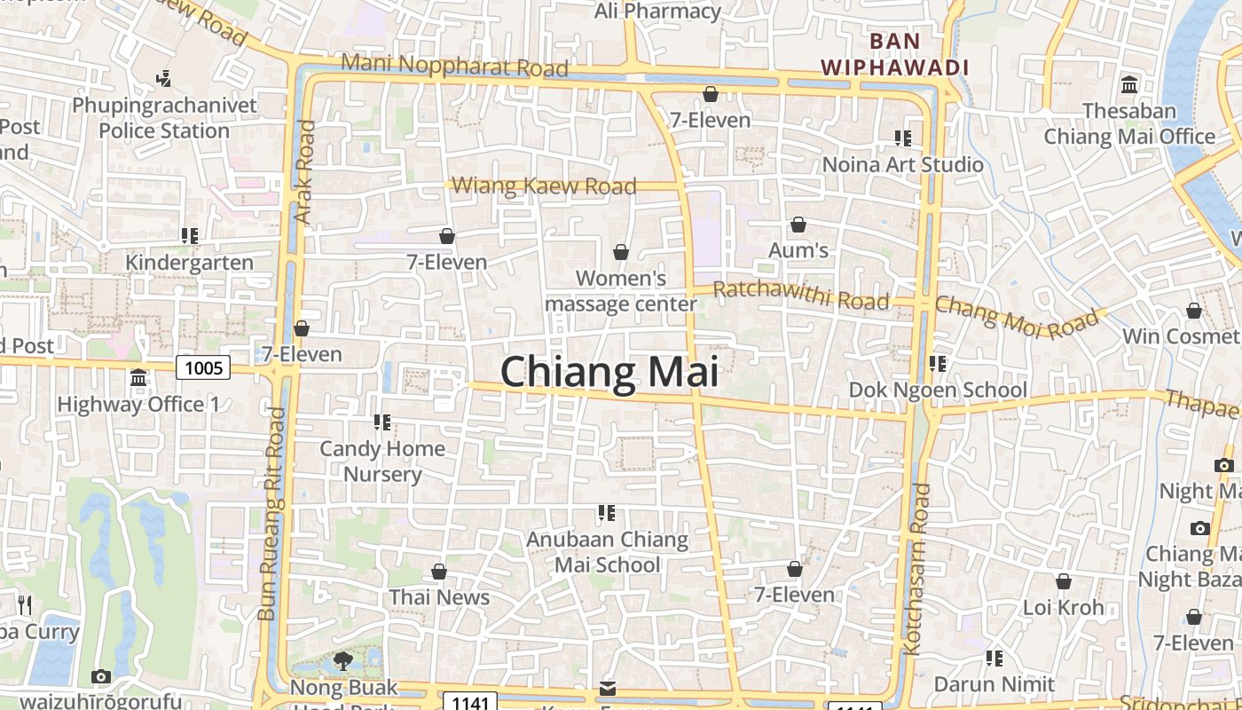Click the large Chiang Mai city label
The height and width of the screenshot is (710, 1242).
point(609,372)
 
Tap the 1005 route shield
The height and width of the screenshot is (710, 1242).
point(203,367)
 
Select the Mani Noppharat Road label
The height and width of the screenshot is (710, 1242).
point(454,66)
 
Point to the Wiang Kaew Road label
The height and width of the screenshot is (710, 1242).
point(544,185)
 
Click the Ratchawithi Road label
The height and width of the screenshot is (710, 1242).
point(800,295)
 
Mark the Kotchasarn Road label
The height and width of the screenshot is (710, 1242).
point(916,568)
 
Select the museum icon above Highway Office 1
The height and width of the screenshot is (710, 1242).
point(138,378)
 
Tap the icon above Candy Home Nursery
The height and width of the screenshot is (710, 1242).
point(382,422)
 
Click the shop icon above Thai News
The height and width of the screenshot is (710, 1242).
point(439,572)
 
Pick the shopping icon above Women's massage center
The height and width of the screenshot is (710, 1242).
point(621,253)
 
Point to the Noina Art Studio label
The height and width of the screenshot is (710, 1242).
point(903,164)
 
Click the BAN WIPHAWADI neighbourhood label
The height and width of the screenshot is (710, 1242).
point(894,54)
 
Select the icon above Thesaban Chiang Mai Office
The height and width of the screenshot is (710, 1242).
point(1129,85)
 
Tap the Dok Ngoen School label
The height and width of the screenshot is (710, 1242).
point(938,390)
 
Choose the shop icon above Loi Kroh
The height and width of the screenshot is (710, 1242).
point(1063,582)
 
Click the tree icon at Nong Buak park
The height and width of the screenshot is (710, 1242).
point(342,661)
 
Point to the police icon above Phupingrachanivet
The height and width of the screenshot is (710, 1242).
point(163,79)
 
